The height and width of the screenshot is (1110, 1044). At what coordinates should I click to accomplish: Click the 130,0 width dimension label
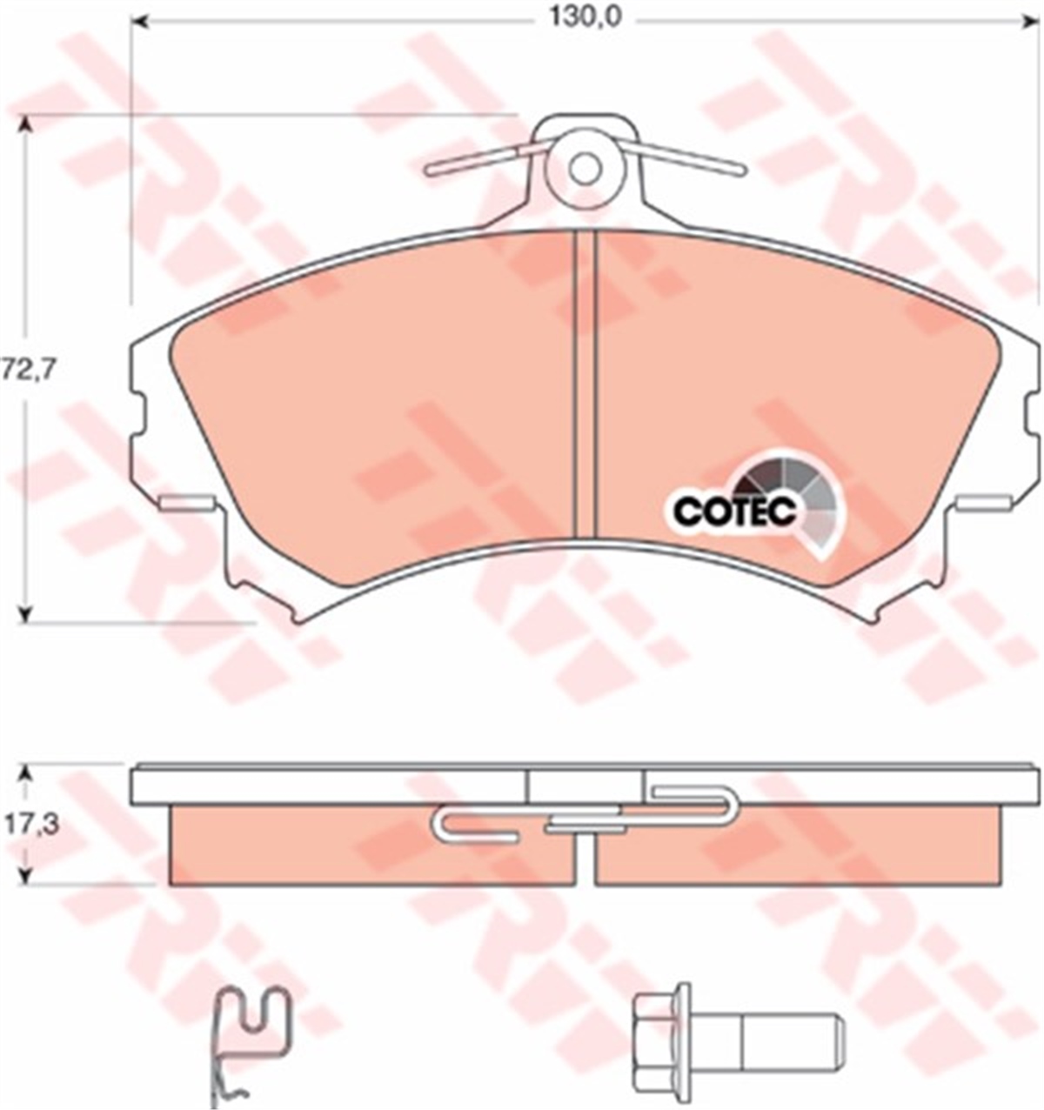click(585, 18)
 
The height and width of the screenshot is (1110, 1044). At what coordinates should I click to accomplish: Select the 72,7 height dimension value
click(30, 370)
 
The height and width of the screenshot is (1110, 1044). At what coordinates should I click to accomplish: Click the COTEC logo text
click(735, 510)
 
